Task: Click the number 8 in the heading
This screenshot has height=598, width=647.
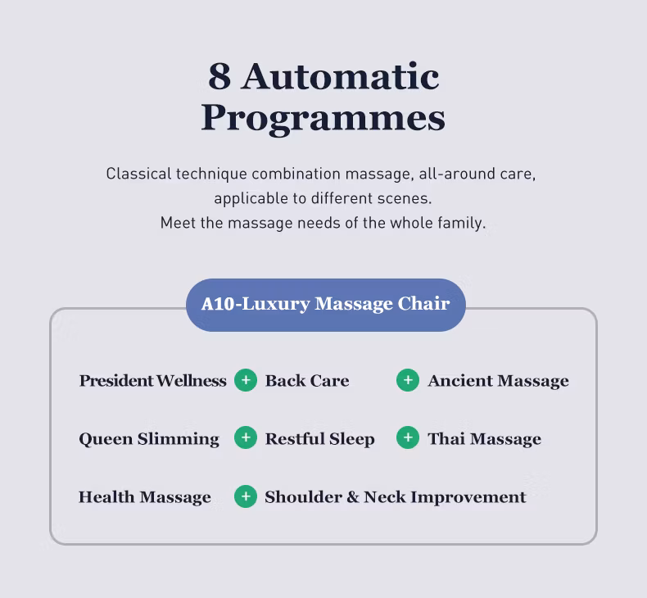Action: tap(219, 76)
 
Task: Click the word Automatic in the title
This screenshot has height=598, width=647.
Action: tap(341, 76)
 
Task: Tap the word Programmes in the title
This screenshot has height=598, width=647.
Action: tap(323, 118)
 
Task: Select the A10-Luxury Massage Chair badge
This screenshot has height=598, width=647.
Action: tap(326, 305)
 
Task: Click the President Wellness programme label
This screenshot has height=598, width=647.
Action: tap(152, 380)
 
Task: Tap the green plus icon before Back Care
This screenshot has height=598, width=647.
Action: tap(246, 380)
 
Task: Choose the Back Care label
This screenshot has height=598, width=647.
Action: tap(307, 380)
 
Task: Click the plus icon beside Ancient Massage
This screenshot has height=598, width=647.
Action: tap(408, 380)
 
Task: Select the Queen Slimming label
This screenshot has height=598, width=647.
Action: tap(149, 439)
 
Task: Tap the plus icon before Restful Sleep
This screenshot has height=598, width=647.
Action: tap(246, 437)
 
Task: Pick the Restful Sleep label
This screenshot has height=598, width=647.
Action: tap(319, 439)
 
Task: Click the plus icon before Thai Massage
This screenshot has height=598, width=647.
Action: tap(408, 437)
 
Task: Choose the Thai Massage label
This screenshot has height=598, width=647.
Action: tap(484, 439)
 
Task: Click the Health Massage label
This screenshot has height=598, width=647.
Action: tap(145, 497)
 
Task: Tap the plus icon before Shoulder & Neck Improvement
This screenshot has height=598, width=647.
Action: tap(246, 496)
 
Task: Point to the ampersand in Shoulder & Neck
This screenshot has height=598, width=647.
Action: tap(353, 497)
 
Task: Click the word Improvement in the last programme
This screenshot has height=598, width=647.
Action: tap(468, 498)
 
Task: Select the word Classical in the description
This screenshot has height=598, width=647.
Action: tap(138, 174)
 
